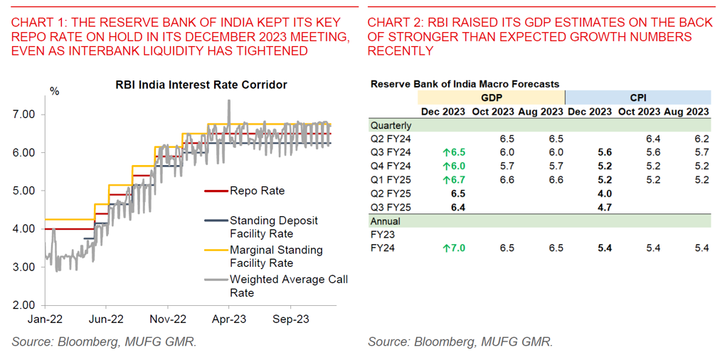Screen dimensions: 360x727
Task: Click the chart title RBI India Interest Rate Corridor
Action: tap(201, 85)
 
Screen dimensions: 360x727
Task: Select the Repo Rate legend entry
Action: tap(257, 191)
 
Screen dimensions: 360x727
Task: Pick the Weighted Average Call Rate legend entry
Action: tap(288, 286)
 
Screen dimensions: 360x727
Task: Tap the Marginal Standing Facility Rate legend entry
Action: tap(276, 256)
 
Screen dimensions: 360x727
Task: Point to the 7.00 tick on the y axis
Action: tap(25, 114)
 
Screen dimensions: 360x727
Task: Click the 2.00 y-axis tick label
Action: tap(25, 305)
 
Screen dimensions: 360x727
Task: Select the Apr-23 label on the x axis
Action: tap(229, 320)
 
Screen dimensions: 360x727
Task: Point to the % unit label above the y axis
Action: tap(54, 91)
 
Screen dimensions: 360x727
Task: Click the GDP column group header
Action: tap(491, 97)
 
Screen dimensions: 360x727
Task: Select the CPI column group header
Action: tap(637, 97)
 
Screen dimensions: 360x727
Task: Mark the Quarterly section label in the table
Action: tap(391, 125)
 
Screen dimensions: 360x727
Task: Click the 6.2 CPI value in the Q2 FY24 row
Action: tap(701, 139)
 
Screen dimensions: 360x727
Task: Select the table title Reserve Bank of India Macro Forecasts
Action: tap(465, 84)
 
